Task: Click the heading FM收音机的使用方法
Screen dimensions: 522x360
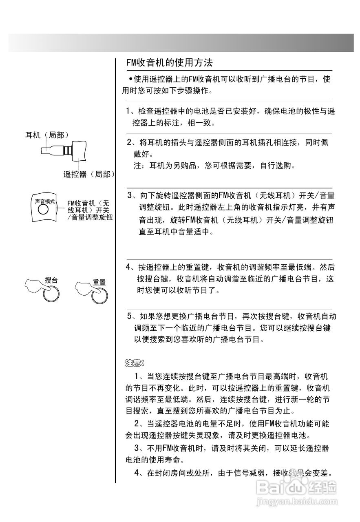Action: (169, 63)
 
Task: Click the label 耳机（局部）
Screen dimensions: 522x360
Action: (46, 135)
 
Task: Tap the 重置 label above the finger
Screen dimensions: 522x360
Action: (99, 282)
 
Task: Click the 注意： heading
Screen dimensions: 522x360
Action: (135, 362)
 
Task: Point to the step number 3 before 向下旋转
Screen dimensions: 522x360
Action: (130, 195)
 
